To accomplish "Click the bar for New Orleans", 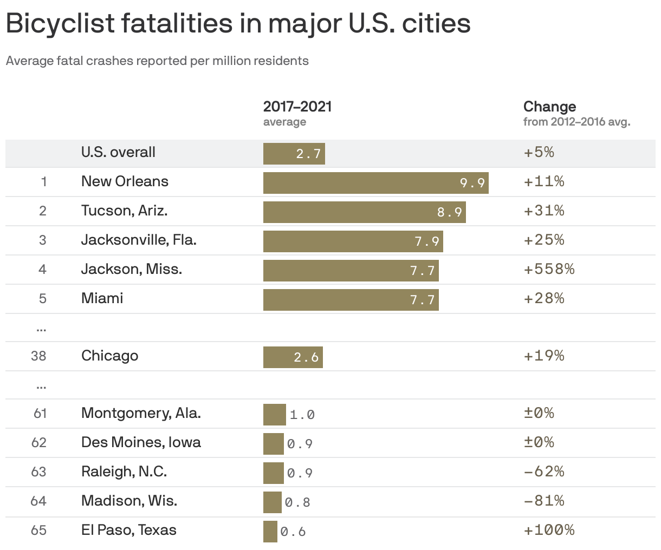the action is click(376, 183).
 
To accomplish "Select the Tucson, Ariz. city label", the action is click(125, 211).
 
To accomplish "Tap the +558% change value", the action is click(549, 269).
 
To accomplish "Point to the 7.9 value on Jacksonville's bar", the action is click(427, 241).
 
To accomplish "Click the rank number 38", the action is click(38, 356).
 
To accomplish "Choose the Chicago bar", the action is click(293, 357).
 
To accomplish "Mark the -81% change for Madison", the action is click(544, 501).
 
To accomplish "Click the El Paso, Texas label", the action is click(129, 530).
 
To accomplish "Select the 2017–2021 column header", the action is click(297, 107).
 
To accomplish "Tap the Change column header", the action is click(549, 107).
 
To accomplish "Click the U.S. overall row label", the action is click(119, 152).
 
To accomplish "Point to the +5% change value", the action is click(539, 152).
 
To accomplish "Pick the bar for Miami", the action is click(351, 300).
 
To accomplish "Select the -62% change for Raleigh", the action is click(544, 472).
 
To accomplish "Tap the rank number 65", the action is click(38, 531).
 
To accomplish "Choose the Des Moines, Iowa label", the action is click(141, 442).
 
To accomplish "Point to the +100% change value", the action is click(549, 530).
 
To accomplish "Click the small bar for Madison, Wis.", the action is click(273, 502).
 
